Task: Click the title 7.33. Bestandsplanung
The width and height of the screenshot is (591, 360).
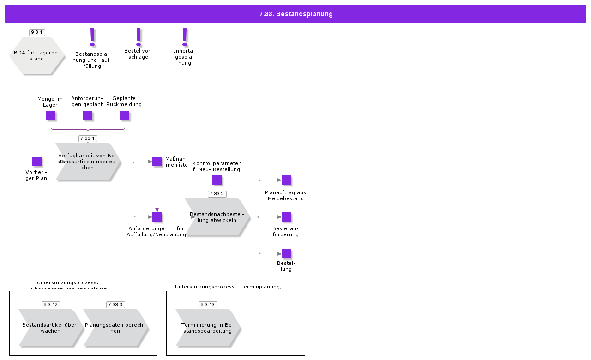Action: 295,14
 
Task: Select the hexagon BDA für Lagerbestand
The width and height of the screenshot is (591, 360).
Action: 37,56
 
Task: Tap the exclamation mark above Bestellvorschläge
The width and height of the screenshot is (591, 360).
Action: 139,36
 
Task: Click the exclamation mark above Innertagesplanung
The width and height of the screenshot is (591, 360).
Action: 185,36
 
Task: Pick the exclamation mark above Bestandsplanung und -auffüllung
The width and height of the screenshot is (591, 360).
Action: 92,37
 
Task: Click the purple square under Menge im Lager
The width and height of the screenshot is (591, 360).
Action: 51,115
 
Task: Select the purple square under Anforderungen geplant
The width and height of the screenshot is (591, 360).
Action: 88,115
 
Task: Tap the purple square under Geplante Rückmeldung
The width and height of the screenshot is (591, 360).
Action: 125,115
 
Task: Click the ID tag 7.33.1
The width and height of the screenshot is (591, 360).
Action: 88,138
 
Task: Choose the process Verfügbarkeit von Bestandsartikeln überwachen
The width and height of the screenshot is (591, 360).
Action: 88,162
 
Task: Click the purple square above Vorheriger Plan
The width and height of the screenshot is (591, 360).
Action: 37,162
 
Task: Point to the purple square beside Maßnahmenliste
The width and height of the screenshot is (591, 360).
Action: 157,162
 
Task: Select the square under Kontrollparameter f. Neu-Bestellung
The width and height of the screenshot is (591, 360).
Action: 217,180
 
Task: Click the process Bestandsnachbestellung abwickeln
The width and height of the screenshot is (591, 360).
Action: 217,217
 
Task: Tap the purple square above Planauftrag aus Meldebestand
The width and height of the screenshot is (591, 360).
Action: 286,180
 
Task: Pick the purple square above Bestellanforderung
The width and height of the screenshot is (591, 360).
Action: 286,217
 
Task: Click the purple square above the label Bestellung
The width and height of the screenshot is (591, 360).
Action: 286,254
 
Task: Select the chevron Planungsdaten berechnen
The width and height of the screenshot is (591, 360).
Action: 115,328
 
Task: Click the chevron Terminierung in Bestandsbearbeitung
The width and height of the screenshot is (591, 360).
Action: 208,328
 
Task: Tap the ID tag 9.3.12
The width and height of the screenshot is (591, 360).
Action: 51,305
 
